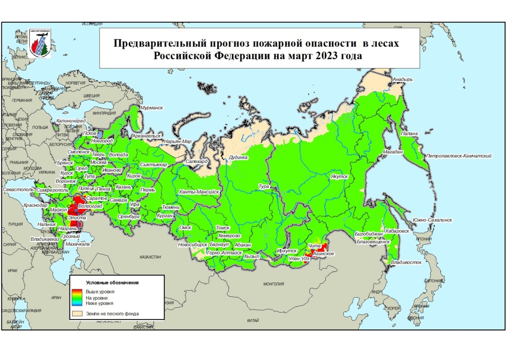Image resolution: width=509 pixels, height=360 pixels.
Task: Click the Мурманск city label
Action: tap(152, 108)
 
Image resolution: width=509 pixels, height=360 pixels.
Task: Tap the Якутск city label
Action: tap(339, 177)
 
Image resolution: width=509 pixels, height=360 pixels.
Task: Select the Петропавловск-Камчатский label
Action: tap(459, 156)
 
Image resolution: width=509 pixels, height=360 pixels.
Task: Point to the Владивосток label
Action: tap(406, 263)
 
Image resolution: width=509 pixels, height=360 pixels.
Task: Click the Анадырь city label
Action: tap(403, 79)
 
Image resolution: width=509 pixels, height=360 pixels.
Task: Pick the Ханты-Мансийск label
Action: tap(199, 192)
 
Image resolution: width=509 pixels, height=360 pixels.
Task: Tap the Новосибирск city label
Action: tap(193, 245)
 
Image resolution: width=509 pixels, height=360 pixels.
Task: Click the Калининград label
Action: tap(71, 121)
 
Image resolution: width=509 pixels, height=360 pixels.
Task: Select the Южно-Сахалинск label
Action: tap(432, 220)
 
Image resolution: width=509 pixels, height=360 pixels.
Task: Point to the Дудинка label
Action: tap(238, 158)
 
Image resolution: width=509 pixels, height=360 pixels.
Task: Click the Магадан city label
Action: tap(393, 152)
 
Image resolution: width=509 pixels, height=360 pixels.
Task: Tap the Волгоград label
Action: tap(90, 206)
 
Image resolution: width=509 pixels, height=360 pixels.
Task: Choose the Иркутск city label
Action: tap(287, 251)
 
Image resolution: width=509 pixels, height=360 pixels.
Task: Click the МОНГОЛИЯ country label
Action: tap(274, 284)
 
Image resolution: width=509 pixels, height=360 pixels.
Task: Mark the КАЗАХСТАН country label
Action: tap(150, 257)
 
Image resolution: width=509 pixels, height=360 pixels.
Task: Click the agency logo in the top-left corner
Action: tap(40, 43)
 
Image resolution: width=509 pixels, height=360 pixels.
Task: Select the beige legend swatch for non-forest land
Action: tap(77, 313)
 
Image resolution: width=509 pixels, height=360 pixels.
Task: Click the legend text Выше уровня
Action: tap(100, 292)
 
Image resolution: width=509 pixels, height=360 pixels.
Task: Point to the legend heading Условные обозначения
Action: tap(112, 283)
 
